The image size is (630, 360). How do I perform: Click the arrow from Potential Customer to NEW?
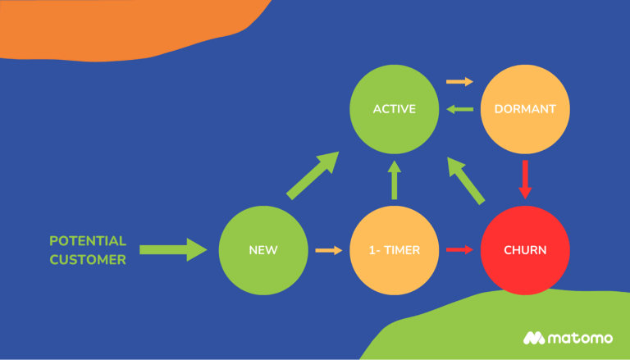coord(173,249)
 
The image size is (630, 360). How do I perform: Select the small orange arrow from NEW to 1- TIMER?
coord(328,250)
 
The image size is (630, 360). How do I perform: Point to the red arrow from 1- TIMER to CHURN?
coord(459,249)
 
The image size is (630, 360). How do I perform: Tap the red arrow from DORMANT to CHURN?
coord(525,179)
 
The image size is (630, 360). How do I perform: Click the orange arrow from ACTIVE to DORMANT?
coord(459,82)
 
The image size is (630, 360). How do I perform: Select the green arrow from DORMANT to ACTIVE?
coord(459,109)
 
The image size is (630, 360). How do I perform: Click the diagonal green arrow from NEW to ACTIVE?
coord(313,175)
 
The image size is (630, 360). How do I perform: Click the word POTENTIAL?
coord(88,241)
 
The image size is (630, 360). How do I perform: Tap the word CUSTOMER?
coord(88,260)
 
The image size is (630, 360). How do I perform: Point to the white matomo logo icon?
coord(535,338)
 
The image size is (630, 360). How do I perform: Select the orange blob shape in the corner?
coord(123,25)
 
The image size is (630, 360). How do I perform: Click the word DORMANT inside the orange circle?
coord(525,108)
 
